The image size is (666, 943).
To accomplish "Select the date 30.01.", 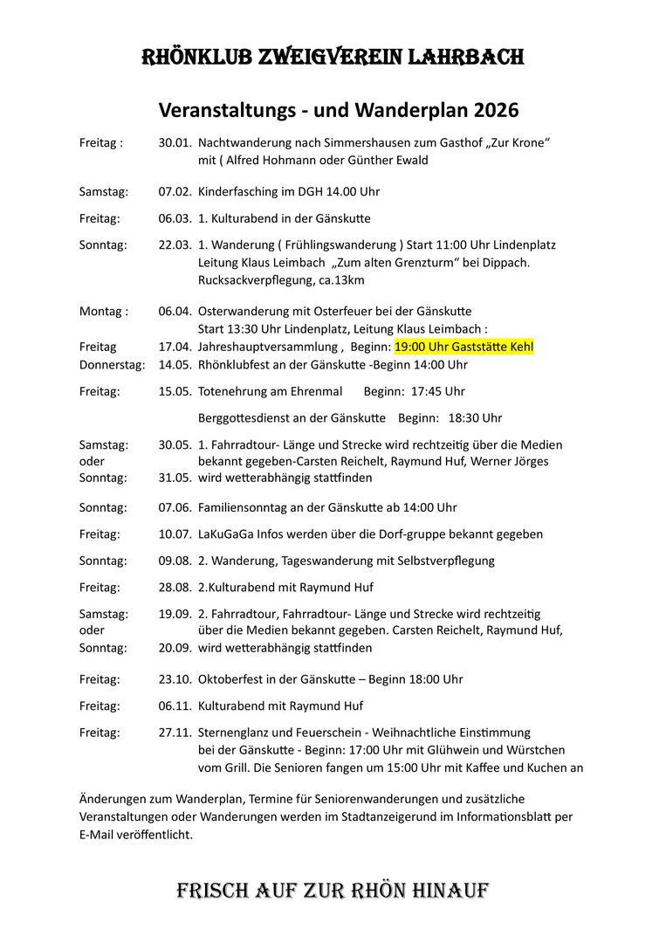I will (x=175, y=141).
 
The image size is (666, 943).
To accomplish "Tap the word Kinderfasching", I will (x=237, y=191).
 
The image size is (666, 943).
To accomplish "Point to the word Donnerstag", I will (x=113, y=364).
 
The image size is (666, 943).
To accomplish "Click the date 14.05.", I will (x=175, y=364).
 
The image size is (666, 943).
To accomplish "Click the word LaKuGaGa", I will (x=224, y=533).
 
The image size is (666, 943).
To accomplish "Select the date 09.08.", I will (x=175, y=561).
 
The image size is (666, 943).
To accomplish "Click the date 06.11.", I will (x=175, y=706).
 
